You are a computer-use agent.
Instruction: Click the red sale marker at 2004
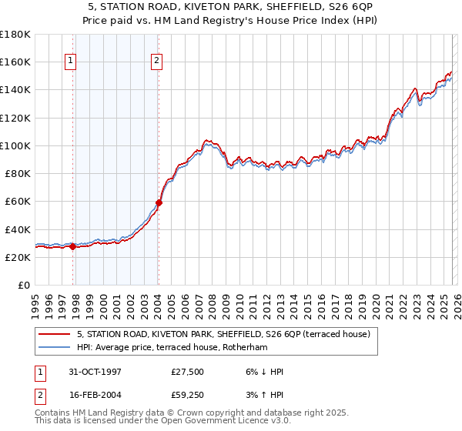[159, 203]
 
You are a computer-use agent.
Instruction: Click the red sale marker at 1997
[73, 247]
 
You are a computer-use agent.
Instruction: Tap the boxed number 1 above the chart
[70, 62]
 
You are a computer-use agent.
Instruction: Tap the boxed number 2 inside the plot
[156, 62]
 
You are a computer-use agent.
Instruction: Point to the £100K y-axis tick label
[15, 145]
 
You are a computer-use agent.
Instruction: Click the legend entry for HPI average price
[181, 347]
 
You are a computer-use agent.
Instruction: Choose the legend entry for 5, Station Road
[223, 334]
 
